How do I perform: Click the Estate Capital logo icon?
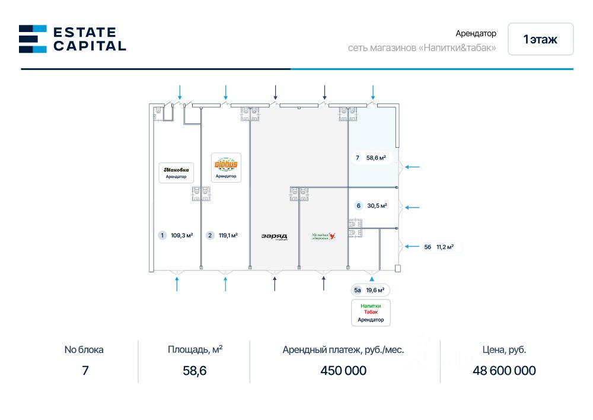pos(33,39)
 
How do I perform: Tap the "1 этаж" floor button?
pos(540,39)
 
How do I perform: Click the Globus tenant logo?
pos(226,164)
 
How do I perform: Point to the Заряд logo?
pos(274,236)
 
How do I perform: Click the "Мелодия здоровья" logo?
pos(324,236)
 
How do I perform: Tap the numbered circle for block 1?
pos(162,236)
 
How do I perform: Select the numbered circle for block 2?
pos(210,236)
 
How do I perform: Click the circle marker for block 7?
pos(357,158)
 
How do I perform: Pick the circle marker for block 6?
pos(358,206)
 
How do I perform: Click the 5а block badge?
pos(357,290)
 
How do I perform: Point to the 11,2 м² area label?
pos(445,247)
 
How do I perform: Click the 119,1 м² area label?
pos(228,236)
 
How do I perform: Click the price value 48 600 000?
pos(504,371)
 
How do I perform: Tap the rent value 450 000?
pos(343,371)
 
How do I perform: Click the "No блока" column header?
pos(84,350)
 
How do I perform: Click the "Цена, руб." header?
pos(504,350)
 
